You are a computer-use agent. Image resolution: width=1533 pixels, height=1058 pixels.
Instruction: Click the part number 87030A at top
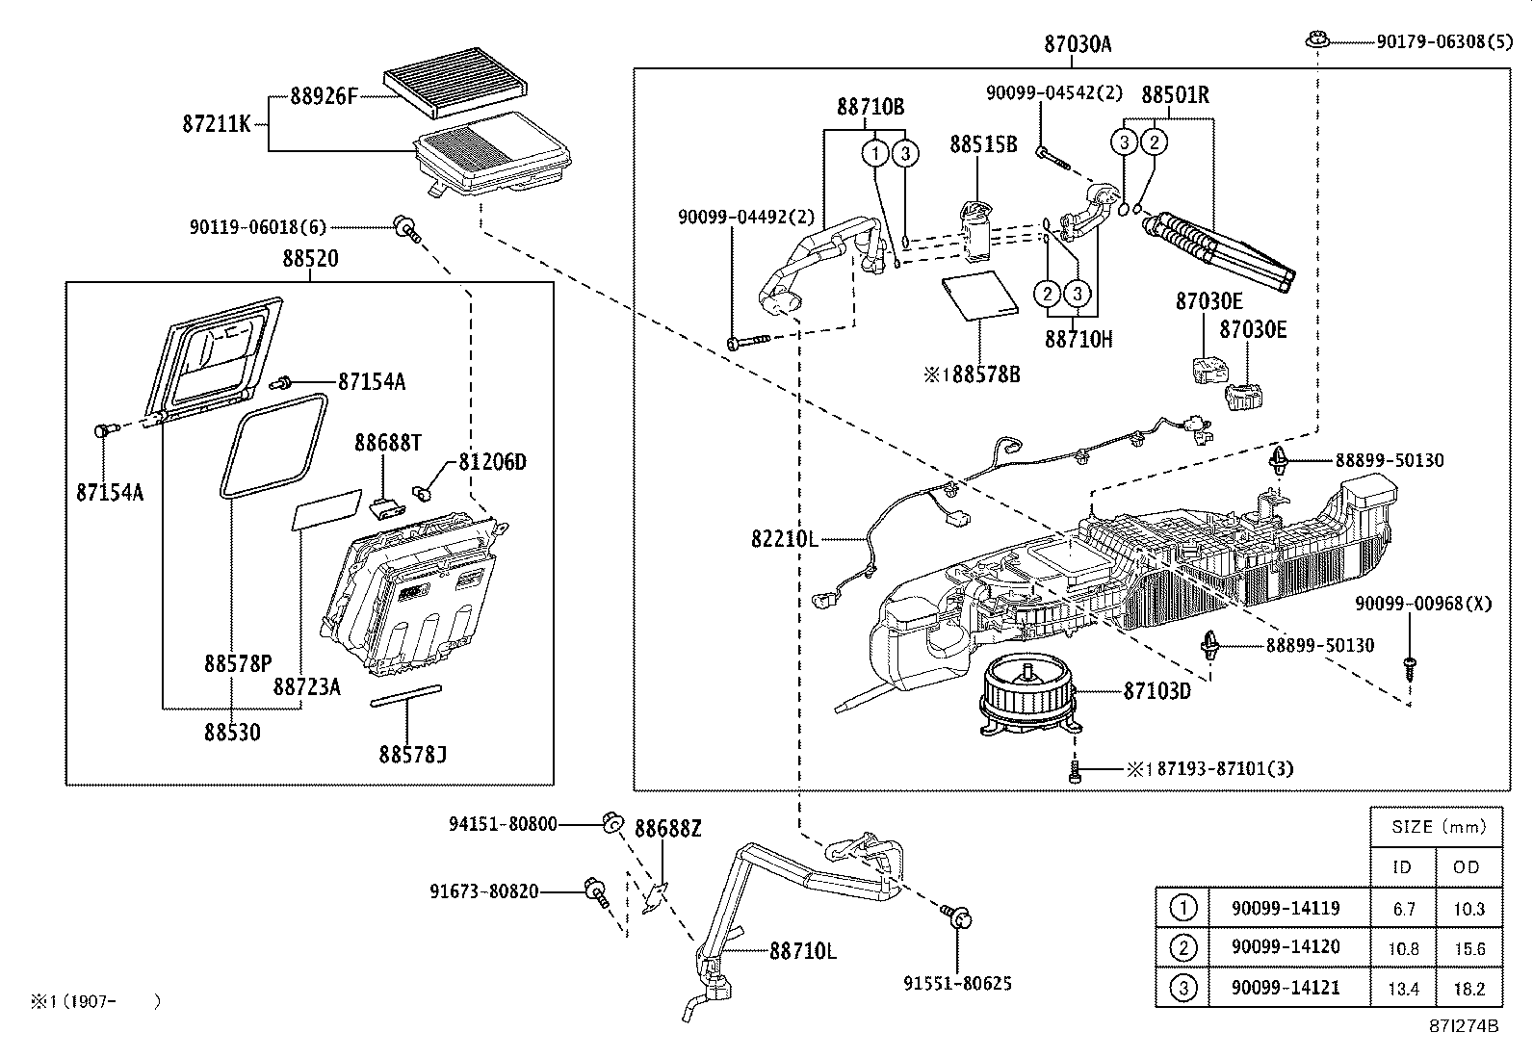[1077, 44]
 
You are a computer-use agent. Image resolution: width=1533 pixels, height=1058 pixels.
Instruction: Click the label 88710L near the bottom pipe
[802, 951]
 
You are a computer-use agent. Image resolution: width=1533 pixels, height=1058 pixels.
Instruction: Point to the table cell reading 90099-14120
[1285, 947]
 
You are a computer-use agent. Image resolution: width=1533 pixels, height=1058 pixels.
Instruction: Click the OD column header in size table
[1467, 866]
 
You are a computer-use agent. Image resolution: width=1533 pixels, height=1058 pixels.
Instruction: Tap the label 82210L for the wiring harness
[784, 540]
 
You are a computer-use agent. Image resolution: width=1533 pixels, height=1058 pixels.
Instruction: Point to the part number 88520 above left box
[310, 259]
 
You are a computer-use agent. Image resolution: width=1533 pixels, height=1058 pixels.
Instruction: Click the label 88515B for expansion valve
[982, 144]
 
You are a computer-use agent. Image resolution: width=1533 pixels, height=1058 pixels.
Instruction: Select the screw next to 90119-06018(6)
[404, 228]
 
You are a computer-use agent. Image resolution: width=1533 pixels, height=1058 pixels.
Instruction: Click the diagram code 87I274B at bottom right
[1464, 1026]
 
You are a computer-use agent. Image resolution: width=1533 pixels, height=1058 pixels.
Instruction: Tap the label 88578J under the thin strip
[412, 754]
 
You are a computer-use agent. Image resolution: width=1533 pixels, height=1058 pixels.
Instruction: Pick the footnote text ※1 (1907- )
[94, 1002]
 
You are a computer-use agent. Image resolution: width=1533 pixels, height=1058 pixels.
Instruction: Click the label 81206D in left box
[491, 463]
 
